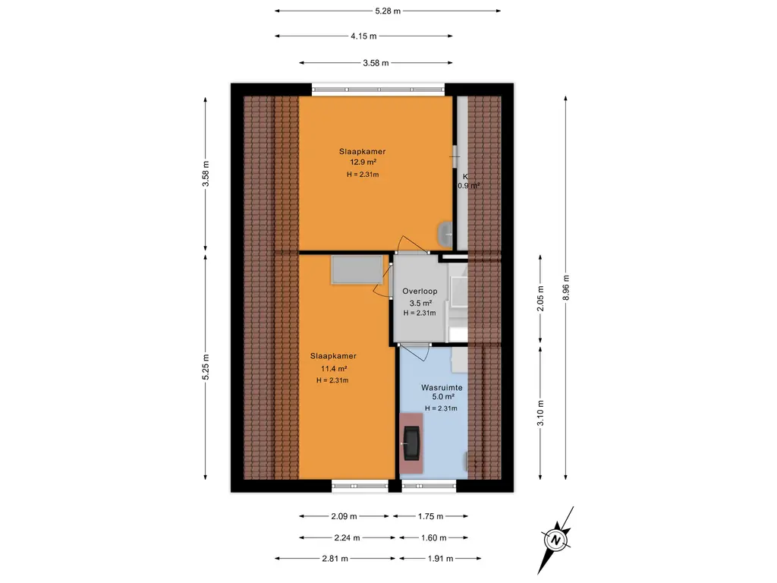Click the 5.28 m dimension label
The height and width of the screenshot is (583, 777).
coord(388,11)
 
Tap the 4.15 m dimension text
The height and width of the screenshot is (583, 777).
coord(363,36)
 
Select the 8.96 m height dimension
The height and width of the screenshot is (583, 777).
coord(566,288)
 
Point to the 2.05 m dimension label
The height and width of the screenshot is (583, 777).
coord(540,298)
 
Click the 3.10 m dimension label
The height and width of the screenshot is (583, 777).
coord(540,412)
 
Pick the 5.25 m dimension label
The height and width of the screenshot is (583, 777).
coord(206,367)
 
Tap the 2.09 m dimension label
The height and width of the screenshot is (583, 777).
coord(344,516)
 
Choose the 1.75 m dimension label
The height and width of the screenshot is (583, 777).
coord(431,516)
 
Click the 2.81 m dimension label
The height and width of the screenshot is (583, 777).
coord(335,559)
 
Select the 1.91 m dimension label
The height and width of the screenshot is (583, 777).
coord(440,559)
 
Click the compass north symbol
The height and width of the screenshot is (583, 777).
coord(555,540)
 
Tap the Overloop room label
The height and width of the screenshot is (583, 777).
coord(420,291)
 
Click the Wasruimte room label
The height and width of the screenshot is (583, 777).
coord(442,388)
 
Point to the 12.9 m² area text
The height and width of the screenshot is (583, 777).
coord(363,162)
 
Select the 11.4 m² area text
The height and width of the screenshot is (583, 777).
coord(334,369)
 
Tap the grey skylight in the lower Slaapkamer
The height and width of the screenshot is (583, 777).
coord(357,269)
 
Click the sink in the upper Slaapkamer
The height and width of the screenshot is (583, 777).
coord(445,234)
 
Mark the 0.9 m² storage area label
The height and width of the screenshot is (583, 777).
coord(468,186)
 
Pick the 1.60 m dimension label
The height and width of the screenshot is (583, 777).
coord(433,538)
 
